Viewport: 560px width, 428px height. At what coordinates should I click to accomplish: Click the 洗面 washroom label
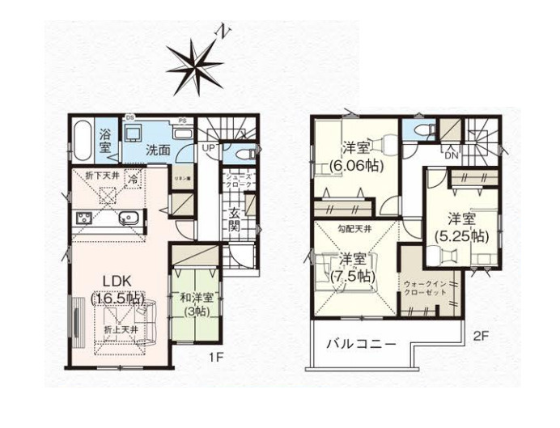pyautogui.click(x=158, y=150)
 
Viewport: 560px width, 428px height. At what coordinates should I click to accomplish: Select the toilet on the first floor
pyautogui.click(x=244, y=152)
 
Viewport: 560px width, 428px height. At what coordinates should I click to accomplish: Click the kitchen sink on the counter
pyautogui.click(x=129, y=217)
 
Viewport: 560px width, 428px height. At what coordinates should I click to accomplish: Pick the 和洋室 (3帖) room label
pyautogui.click(x=197, y=305)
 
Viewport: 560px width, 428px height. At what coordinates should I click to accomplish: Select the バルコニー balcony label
pyautogui.click(x=361, y=344)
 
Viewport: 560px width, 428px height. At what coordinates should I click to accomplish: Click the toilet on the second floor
pyautogui.click(x=422, y=131)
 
